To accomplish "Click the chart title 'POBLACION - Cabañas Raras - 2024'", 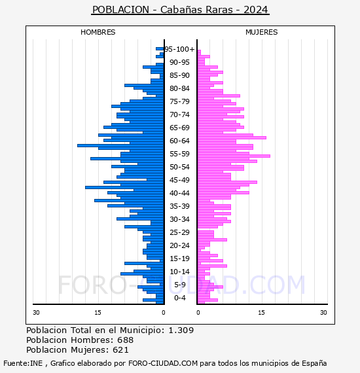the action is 180,10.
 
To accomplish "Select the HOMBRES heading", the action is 98,32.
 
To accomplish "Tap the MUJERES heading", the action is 262,32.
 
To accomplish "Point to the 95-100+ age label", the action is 179,49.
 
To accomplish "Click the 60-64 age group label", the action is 179,141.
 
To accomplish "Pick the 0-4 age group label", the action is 180,298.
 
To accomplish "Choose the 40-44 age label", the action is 179,193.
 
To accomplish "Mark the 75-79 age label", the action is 179,101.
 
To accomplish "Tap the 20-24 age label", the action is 179,245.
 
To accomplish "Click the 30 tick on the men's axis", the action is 36,312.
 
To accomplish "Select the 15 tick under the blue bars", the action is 98,312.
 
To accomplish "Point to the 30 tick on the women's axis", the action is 323,312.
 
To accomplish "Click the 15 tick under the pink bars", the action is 262,312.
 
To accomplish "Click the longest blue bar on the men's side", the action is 120,145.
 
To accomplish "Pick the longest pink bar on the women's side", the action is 234,156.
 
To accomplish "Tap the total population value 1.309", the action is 181,330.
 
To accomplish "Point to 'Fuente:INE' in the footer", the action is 23,363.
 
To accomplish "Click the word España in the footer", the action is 314,363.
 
